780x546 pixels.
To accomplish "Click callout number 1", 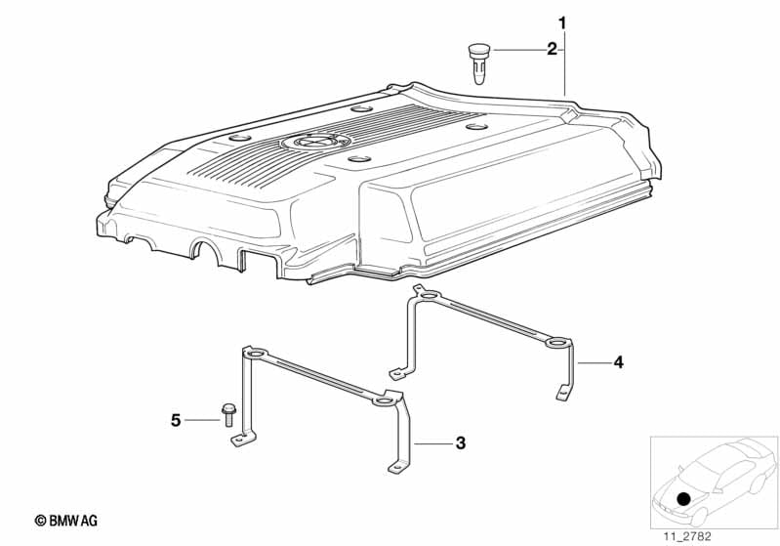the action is tap(562, 22).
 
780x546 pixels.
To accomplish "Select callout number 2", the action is tap(552, 50).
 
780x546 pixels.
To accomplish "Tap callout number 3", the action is tap(461, 442).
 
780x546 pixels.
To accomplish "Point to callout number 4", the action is tap(618, 362).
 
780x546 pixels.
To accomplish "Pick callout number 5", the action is tap(176, 421).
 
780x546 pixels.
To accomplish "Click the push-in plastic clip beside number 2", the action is tap(479, 63).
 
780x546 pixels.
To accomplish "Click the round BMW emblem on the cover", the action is tap(316, 142).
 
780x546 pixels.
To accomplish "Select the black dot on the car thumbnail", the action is tap(684, 498).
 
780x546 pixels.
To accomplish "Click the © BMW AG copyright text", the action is tap(66, 521).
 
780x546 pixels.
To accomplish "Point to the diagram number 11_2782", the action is tap(687, 536).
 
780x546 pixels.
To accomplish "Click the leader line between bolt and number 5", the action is tap(202, 421).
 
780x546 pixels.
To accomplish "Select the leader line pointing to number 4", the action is tap(593, 362).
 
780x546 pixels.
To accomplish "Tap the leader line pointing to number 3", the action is tap(433, 442).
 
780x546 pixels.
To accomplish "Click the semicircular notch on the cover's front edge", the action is tap(205, 246).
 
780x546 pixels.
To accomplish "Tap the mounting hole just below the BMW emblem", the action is tap(359, 159).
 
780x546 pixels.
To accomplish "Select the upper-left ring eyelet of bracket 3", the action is tap(254, 354).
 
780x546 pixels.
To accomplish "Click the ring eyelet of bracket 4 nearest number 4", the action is tap(556, 343).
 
